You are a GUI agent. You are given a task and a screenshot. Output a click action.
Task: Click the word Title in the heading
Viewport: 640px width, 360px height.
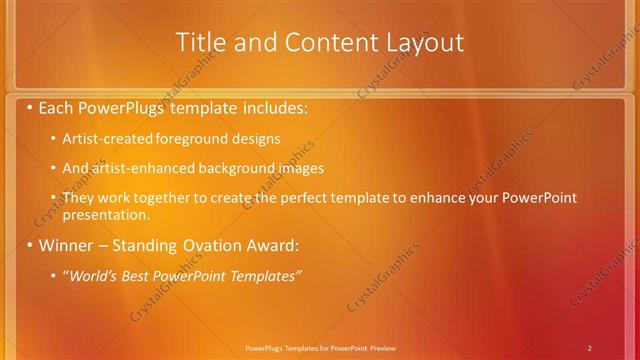coord(200,43)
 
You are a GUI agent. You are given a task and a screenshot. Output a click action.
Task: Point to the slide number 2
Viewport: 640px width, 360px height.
coord(590,347)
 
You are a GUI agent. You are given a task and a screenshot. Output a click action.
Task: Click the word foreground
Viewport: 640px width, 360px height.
coord(190,139)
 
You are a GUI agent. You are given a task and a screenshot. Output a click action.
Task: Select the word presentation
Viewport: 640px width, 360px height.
coord(106,214)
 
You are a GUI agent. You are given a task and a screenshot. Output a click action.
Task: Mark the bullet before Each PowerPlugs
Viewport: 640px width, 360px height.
coord(31,105)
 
